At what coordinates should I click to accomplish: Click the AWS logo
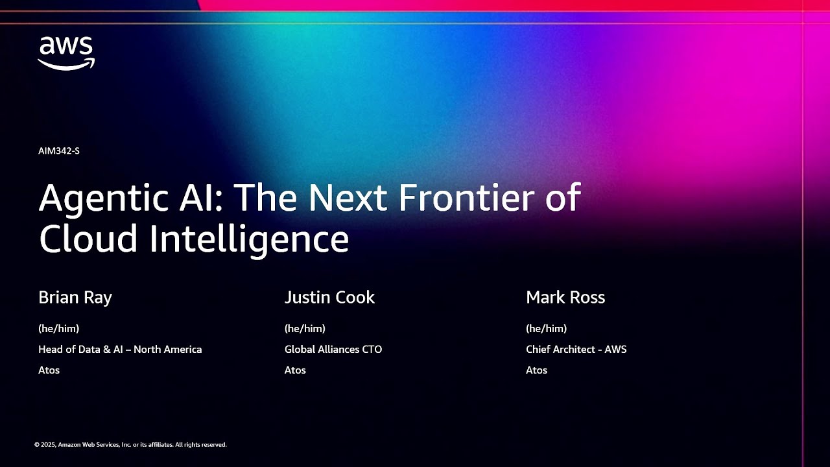[x=66, y=53]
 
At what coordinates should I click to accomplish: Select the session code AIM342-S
[x=59, y=151]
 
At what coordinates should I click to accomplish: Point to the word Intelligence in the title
[x=250, y=238]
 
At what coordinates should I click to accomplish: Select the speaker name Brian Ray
[x=75, y=298]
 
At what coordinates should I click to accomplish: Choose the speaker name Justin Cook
[x=329, y=298]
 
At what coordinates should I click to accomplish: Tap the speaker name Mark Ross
[x=565, y=298]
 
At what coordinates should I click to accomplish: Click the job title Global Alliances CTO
[x=333, y=350]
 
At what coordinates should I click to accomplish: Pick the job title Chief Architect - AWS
[x=576, y=350]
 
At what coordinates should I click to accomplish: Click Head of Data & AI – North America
[x=120, y=350]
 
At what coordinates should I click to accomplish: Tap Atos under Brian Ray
[x=49, y=370]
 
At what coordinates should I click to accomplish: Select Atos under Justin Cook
[x=295, y=370]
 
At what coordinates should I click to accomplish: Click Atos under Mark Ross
[x=536, y=370]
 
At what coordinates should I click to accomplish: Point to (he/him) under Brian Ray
[x=59, y=329]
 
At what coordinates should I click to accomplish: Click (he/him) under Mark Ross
[x=546, y=329]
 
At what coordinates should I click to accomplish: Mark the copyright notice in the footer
[x=130, y=445]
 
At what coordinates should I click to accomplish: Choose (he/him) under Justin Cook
[x=305, y=329]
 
